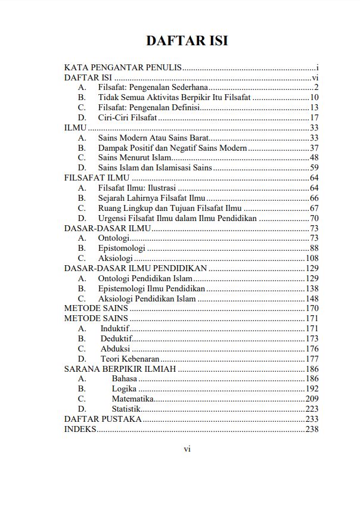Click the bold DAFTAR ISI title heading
point(187,41)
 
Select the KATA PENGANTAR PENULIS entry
point(123,67)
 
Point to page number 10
point(315,98)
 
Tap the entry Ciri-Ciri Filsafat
point(128,118)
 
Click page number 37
point(315,148)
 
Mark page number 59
point(315,168)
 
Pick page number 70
point(315,218)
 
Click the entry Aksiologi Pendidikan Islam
point(147,298)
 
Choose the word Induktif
point(115,328)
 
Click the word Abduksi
point(115,349)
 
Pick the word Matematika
point(132,399)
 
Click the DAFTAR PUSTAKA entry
point(103,419)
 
